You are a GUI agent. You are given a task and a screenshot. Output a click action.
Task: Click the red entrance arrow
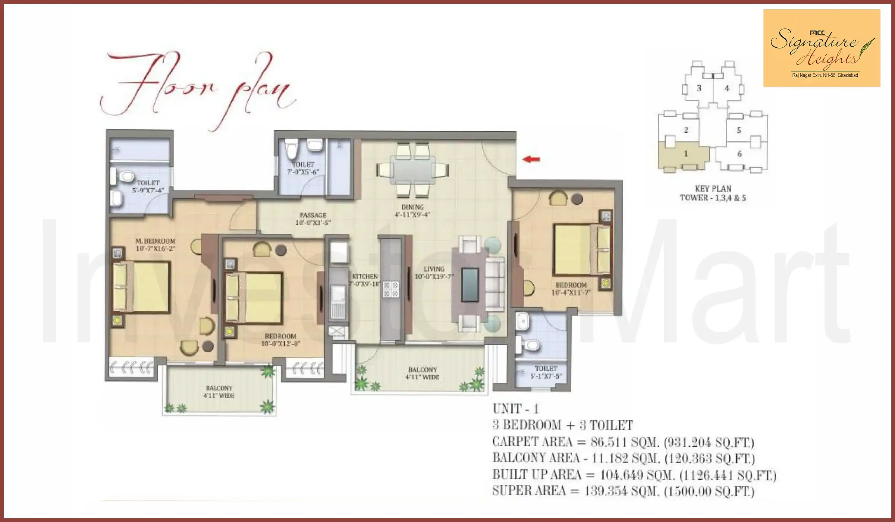[x=531, y=159]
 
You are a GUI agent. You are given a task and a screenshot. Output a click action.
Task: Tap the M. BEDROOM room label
[x=155, y=241]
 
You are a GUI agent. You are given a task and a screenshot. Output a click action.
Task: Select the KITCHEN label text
[x=365, y=276]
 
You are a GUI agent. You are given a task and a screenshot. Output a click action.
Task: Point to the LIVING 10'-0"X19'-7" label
[x=434, y=273]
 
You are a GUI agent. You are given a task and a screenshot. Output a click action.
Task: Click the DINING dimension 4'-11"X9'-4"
[x=412, y=214]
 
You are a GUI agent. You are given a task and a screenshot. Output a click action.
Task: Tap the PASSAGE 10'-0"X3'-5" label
[x=313, y=219]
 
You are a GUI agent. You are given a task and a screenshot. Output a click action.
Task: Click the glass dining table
[x=412, y=170]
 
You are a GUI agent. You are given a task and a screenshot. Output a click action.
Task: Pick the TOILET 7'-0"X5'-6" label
[x=303, y=168]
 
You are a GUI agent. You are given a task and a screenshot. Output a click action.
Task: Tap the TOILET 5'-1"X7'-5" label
[x=546, y=372]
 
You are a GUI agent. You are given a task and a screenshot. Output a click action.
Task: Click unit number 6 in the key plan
[x=739, y=154]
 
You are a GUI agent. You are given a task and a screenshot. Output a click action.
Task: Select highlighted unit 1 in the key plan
[x=685, y=154]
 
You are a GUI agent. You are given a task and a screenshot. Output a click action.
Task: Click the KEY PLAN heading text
[x=713, y=189]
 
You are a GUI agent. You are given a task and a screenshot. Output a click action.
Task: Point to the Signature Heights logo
[x=822, y=48]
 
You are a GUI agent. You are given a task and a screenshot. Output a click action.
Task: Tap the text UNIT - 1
[x=515, y=409]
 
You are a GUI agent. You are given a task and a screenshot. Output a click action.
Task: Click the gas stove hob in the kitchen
[x=391, y=289]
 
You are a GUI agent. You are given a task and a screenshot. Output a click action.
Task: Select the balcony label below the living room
[x=422, y=373]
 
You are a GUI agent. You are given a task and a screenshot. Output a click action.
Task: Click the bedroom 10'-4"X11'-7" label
[x=571, y=289]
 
